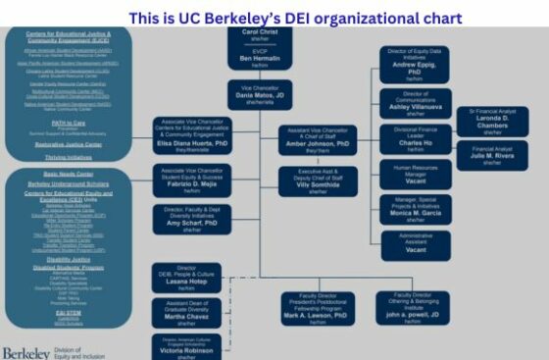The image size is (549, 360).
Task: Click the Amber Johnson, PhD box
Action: (316, 140)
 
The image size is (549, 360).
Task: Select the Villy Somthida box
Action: (316, 184)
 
